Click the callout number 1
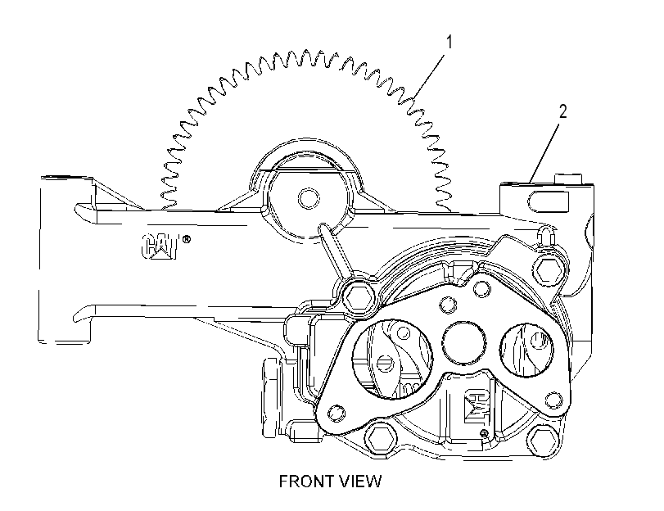[x=449, y=43]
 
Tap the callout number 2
[x=562, y=111]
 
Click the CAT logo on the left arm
[x=160, y=246]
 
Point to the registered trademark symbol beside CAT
[x=186, y=239]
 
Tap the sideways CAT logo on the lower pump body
[x=477, y=406]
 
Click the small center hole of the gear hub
[x=309, y=198]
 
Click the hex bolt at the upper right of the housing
[x=549, y=270]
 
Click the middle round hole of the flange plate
[x=463, y=342]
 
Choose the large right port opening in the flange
[x=526, y=350]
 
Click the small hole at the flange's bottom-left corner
[x=337, y=412]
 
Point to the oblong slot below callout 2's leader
[x=549, y=201]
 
